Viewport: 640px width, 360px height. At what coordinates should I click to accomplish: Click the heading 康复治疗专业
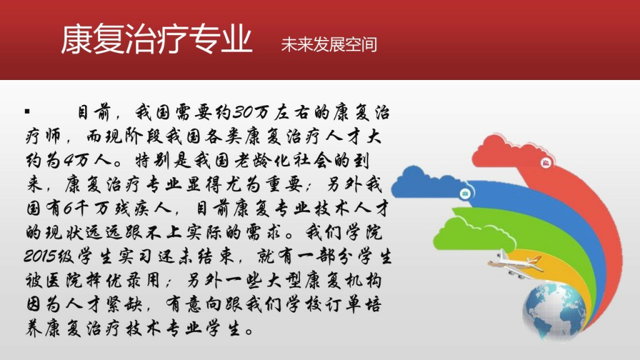point(157,39)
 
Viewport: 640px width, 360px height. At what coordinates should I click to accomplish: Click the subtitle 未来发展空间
point(329,44)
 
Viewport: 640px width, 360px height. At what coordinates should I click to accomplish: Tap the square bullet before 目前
point(27,111)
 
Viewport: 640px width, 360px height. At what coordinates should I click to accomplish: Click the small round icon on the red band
point(546,163)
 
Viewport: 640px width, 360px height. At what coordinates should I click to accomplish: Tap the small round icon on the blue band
point(465,193)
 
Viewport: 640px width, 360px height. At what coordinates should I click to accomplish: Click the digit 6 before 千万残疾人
point(67,209)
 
